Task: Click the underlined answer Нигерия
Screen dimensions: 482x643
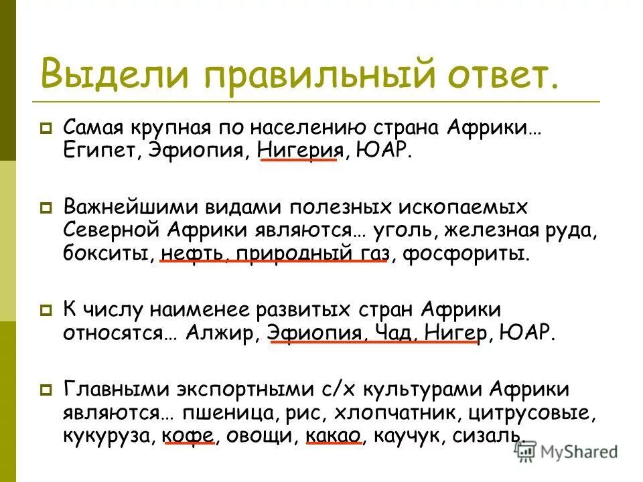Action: tap(298, 149)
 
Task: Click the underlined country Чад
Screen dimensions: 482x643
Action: tap(391, 333)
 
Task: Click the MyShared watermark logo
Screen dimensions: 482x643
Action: tap(566, 452)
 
